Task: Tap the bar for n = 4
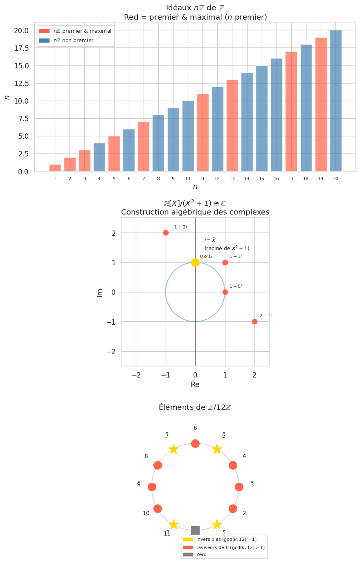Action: coord(99,157)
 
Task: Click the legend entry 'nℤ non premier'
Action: coord(73,41)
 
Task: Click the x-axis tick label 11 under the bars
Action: coord(202,179)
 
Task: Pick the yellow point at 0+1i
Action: coord(195,262)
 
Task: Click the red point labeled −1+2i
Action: coord(166,233)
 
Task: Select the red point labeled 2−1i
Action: coord(254,322)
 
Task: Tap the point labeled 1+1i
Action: coord(225,262)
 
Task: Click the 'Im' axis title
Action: coord(100,292)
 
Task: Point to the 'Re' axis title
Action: coord(195,385)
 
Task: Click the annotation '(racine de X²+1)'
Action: coord(227,249)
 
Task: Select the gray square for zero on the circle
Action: coord(195,530)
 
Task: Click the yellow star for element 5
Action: coord(217,449)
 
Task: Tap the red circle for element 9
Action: coord(152,487)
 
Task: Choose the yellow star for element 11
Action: coord(173,524)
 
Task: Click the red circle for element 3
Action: coord(239,487)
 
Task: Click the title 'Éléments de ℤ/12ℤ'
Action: coord(195,407)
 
